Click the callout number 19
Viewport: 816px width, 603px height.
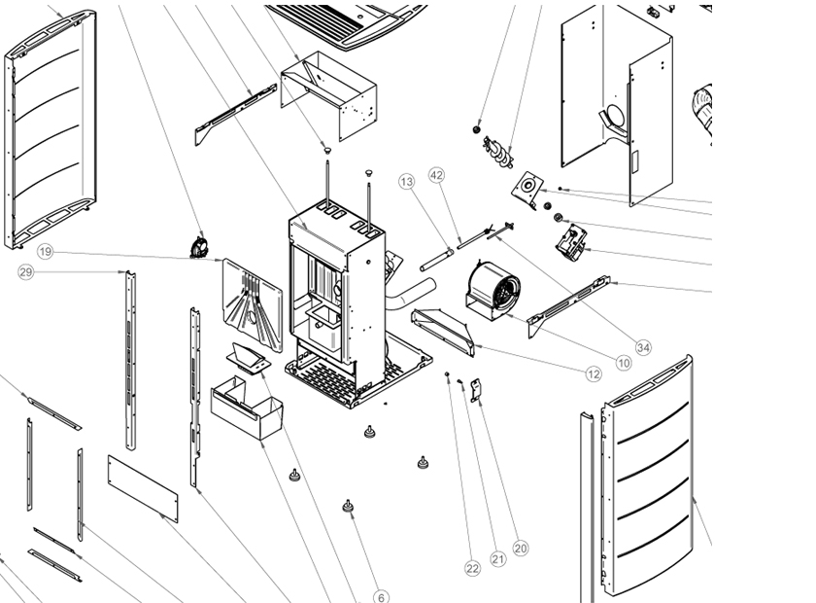(x=46, y=252)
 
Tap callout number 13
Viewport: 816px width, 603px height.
(x=406, y=182)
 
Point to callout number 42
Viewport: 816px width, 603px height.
(x=436, y=175)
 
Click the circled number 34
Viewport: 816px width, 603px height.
(x=643, y=347)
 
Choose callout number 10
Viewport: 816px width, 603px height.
(x=624, y=363)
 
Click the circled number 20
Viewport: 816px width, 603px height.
(x=521, y=549)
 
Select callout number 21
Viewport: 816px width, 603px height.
(x=498, y=558)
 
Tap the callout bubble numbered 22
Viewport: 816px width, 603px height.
(x=472, y=568)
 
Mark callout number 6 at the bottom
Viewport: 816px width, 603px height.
(x=382, y=597)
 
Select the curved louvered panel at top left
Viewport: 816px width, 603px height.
(x=51, y=126)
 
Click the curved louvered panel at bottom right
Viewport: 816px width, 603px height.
(x=646, y=477)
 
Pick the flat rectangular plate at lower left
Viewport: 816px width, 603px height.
(x=142, y=487)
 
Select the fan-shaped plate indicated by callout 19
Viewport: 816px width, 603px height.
(x=248, y=302)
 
